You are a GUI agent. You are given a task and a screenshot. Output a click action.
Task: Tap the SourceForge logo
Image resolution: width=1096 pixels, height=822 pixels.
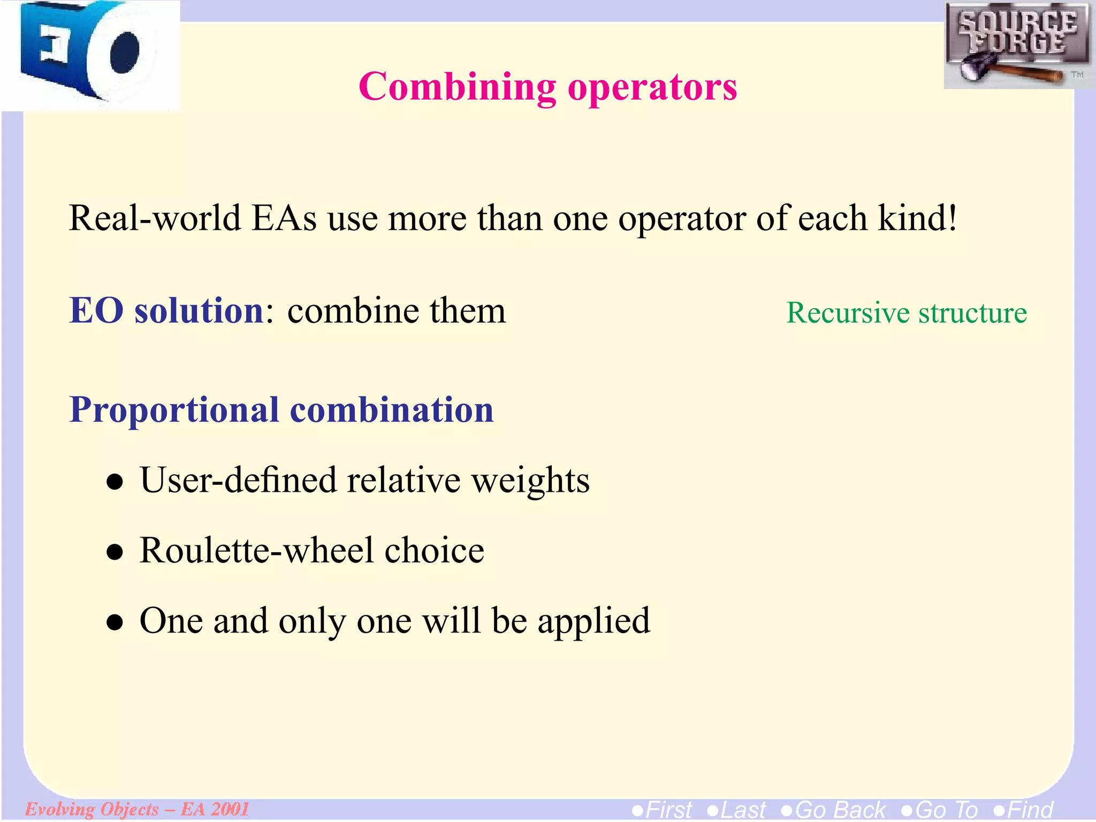point(1017,45)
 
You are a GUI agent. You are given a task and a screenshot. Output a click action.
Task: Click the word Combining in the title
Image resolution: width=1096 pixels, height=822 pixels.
point(458,87)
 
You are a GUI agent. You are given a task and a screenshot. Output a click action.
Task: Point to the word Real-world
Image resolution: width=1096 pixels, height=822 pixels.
point(155,218)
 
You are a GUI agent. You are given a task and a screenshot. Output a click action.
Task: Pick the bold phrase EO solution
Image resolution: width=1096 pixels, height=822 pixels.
point(166,310)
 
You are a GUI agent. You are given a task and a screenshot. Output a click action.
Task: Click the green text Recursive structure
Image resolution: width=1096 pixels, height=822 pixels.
point(906,313)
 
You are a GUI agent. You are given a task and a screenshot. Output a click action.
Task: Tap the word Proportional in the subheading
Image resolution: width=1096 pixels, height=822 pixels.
point(174,410)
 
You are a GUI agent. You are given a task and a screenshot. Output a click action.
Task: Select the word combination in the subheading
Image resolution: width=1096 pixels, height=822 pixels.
point(392,410)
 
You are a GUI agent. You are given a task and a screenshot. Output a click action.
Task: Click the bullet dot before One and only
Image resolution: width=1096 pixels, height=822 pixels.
point(115,623)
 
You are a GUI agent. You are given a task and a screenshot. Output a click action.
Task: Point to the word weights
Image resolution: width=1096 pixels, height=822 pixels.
point(530,480)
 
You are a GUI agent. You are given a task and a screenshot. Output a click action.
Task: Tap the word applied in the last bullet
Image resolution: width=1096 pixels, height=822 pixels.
point(594,622)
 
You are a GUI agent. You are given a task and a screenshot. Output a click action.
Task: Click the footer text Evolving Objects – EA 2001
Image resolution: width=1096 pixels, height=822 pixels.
point(137,809)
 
